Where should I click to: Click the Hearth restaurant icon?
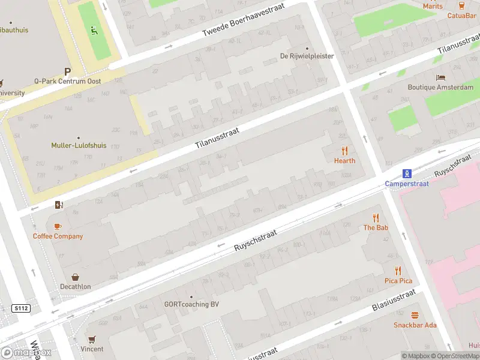(344, 151)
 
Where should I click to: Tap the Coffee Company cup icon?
(58, 226)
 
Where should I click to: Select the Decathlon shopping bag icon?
(76, 277)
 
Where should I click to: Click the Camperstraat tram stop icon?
(407, 174)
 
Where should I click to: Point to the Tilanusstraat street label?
(217, 138)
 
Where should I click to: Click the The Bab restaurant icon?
(376, 218)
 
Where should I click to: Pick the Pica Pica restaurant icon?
(398, 271)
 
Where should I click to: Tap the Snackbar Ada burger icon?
(415, 316)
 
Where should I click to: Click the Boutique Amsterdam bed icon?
(441, 78)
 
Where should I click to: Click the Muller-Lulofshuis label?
(79, 145)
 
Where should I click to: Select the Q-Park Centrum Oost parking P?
(68, 71)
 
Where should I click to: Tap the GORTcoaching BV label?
(191, 304)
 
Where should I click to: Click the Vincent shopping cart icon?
(92, 340)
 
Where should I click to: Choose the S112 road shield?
(20, 308)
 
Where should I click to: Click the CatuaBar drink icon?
(461, 5)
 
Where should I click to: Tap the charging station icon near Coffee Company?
(58, 205)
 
